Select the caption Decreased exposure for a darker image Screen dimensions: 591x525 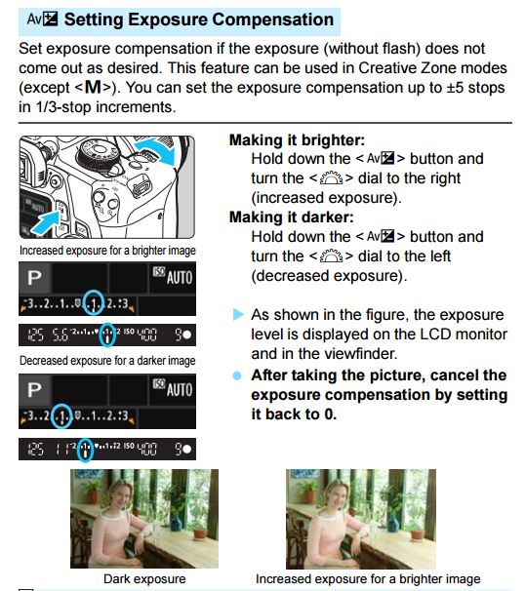pos(106,361)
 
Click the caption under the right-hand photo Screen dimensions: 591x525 pos(368,578)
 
